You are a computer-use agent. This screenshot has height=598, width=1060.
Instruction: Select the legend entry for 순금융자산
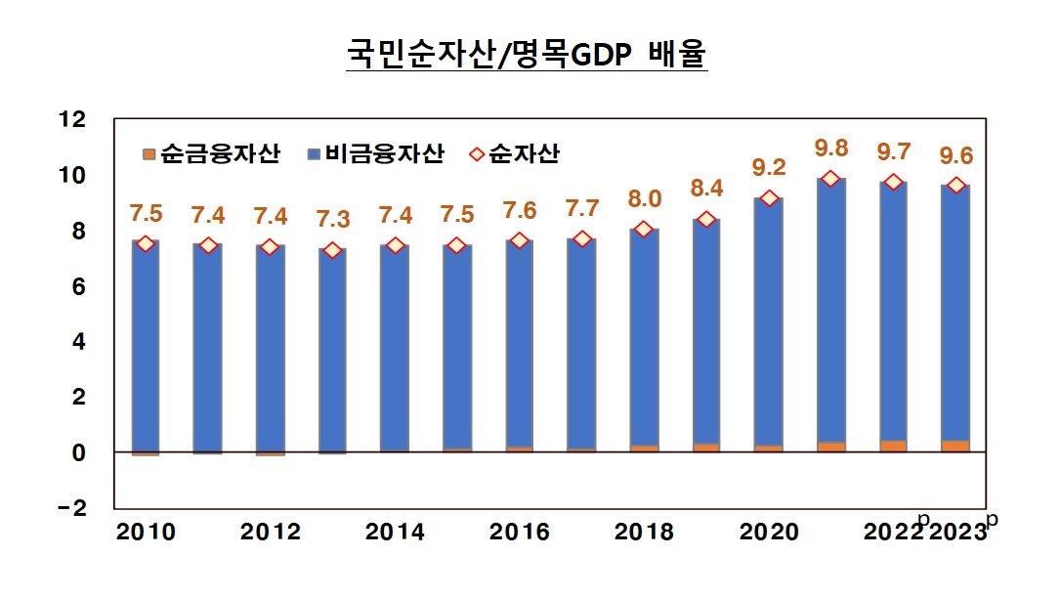(x=211, y=153)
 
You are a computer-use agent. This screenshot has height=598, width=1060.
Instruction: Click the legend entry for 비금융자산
(x=375, y=153)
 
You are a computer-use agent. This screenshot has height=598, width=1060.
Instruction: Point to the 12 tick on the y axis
(x=72, y=120)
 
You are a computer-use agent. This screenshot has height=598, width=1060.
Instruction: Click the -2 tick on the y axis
(x=72, y=509)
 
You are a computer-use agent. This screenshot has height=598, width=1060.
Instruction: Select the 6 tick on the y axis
(x=78, y=287)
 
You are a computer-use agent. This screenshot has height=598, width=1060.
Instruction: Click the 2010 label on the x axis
(x=145, y=533)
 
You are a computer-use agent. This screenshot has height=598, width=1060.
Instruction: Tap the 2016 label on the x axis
(x=519, y=533)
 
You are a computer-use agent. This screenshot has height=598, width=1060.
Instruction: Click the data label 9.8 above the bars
(x=830, y=149)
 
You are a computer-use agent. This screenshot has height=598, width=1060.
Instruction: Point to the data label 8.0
(x=644, y=199)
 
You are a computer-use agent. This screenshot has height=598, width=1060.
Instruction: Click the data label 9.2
(x=768, y=167)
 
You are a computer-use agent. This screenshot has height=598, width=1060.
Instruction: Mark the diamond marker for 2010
(x=145, y=243)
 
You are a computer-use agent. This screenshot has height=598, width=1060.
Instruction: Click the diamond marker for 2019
(x=706, y=219)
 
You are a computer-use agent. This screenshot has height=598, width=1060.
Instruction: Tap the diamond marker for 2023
(x=955, y=186)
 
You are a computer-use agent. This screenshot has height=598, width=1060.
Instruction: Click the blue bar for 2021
(x=830, y=313)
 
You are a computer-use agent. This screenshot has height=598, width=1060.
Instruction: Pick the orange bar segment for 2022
(x=893, y=447)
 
